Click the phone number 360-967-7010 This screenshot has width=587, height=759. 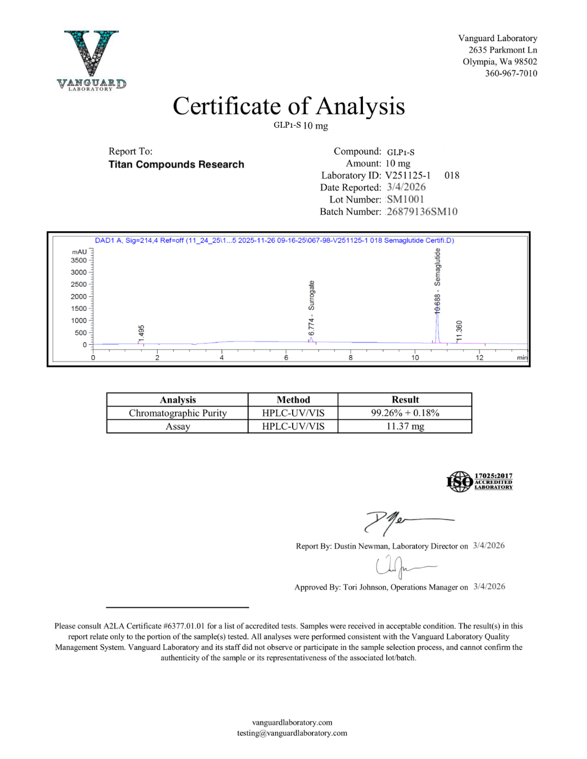[511, 73]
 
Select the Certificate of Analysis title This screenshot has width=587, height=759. [289, 106]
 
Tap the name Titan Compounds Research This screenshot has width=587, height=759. [176, 164]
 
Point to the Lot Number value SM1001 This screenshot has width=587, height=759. [405, 200]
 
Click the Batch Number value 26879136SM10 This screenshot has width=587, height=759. [422, 211]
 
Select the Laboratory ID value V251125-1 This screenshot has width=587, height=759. [408, 175]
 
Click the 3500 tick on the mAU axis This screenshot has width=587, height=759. [79, 260]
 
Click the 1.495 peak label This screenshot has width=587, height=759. [141, 333]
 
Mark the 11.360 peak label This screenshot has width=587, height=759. [459, 331]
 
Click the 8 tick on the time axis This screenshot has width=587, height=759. [351, 358]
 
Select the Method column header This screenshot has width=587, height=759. [293, 400]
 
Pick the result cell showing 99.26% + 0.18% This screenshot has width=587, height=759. [405, 413]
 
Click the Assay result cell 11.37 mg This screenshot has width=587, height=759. [405, 426]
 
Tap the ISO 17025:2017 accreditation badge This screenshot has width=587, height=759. [480, 481]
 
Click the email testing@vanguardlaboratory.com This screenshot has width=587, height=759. [292, 733]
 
